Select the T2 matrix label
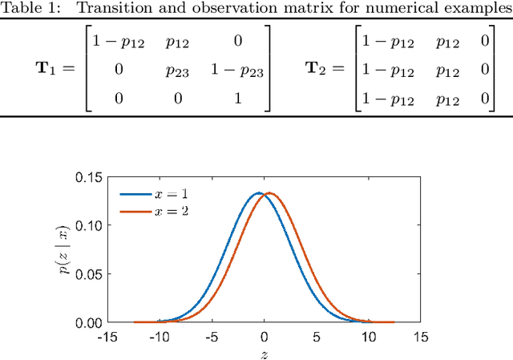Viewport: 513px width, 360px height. click(319, 68)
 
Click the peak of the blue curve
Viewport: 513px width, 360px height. click(258, 192)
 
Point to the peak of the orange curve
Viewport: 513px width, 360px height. click(269, 192)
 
